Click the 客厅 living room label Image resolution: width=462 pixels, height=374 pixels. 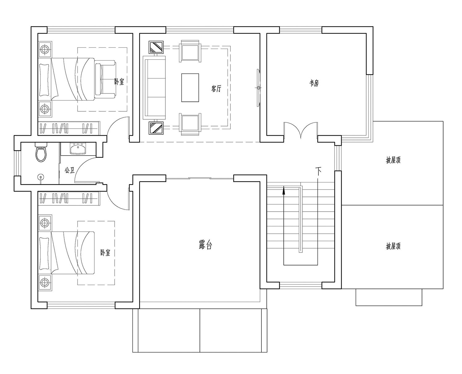click(x=216, y=88)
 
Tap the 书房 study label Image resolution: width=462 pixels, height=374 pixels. click(x=314, y=83)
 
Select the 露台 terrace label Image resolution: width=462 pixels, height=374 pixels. click(x=205, y=245)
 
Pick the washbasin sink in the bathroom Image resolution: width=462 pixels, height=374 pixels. click(x=78, y=149)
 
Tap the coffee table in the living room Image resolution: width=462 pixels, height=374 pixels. click(x=190, y=87)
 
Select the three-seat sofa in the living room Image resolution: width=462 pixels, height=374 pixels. click(x=154, y=88)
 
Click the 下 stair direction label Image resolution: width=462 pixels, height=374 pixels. click(x=318, y=171)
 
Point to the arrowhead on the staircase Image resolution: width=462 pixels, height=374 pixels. click(x=283, y=191)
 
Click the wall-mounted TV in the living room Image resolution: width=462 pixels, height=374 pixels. click(x=258, y=88)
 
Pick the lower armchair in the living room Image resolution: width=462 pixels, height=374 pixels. click(x=190, y=125)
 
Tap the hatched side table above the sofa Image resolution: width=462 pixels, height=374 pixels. click(x=156, y=47)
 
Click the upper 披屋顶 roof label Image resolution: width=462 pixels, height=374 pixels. click(x=393, y=160)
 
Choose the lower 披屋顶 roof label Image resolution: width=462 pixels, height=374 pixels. click(x=393, y=246)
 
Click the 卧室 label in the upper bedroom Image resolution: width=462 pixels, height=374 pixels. click(x=119, y=82)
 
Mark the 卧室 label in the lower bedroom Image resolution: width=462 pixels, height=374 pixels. click(x=105, y=253)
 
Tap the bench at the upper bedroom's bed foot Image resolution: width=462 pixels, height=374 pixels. click(x=105, y=79)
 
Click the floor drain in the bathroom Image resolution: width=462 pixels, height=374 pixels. click(x=41, y=177)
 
